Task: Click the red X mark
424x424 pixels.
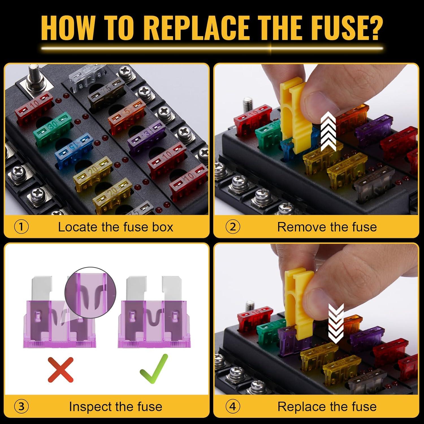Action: (60, 369)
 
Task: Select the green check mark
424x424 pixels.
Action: (154, 369)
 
